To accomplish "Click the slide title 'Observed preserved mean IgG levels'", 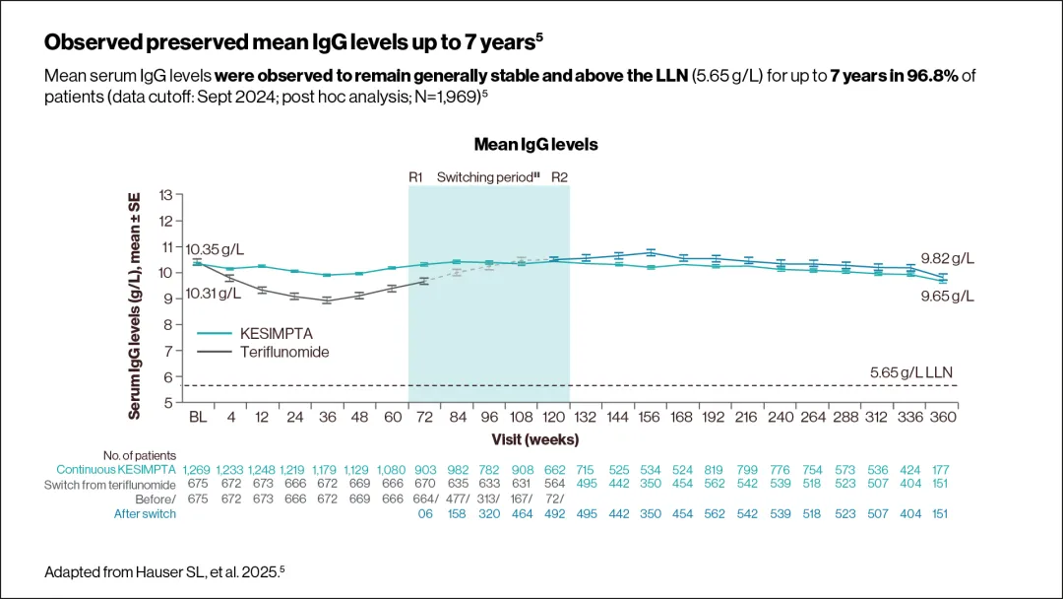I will point(293,42).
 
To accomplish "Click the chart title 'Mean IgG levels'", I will point(535,144).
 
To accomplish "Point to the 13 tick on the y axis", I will point(164,195).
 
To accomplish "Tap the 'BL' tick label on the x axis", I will point(198,417).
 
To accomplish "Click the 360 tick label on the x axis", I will point(942,417).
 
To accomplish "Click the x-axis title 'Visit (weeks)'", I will point(535,438).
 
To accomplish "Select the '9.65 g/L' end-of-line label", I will point(946,295).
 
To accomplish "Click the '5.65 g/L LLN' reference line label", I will point(911,371).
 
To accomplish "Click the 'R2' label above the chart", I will point(559,177).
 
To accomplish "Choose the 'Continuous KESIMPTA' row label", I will point(116,469).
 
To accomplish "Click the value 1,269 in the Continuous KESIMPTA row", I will point(197,469).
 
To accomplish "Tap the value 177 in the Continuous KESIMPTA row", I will point(942,469).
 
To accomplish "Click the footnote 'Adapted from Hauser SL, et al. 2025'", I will point(164,571).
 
